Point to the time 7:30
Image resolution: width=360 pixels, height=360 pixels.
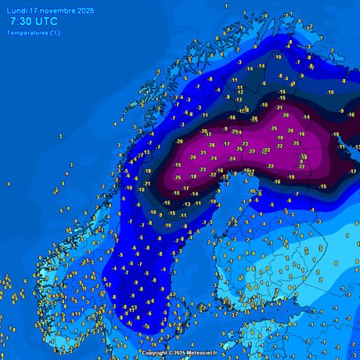[23, 23]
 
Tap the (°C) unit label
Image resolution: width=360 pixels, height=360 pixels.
[54, 33]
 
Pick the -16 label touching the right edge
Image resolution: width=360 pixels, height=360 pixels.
[351, 115]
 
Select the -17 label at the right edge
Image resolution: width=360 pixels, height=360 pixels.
[352, 171]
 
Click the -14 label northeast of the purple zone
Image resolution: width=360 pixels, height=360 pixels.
[306, 117]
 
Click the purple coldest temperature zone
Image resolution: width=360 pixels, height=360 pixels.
[235, 149]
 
